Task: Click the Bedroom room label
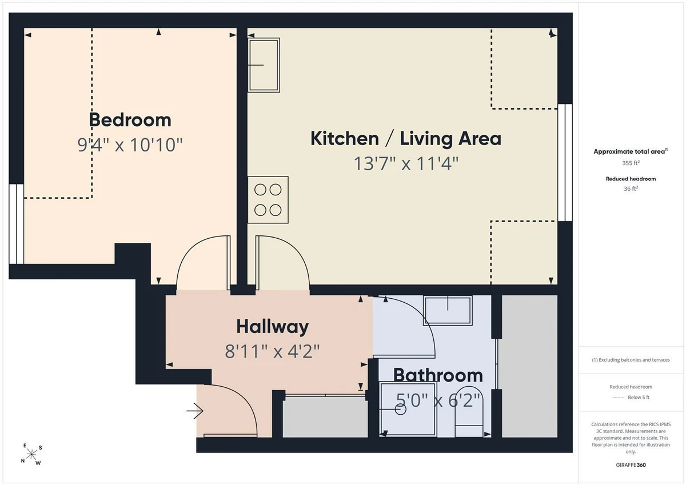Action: (130, 119)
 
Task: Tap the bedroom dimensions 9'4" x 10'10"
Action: (130, 145)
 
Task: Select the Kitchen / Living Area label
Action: (406, 139)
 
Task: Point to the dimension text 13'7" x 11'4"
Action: (406, 163)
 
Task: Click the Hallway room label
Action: (272, 327)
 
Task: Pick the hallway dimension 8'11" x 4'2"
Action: (272, 351)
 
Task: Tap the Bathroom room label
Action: (438, 375)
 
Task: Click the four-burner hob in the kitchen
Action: (268, 200)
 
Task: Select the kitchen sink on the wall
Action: (264, 65)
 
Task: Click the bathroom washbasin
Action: (448, 311)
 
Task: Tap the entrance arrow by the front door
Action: (195, 411)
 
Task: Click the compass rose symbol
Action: (31, 454)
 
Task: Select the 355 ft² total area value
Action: (631, 163)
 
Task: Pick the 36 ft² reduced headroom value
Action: (631, 189)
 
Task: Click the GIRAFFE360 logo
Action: (631, 465)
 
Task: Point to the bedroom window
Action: (16, 224)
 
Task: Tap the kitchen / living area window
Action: (565, 162)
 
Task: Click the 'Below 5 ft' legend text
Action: (639, 397)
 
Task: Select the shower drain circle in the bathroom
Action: (401, 410)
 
